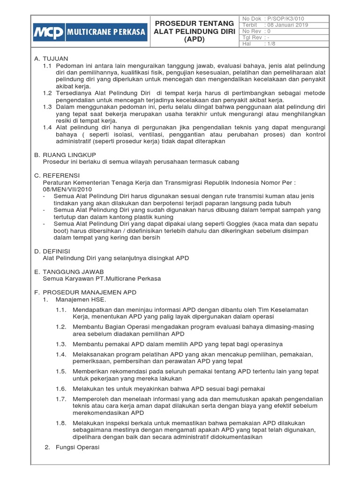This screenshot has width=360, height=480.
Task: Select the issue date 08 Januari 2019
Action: pyautogui.click(x=286, y=25)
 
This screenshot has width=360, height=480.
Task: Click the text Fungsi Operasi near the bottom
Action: pyautogui.click(x=77, y=447)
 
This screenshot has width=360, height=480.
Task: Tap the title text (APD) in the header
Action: pyautogui.click(x=194, y=40)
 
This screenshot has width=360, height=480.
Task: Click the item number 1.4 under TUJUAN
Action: pyautogui.click(x=47, y=127)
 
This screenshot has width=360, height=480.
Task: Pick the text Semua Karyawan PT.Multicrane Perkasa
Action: pyautogui.click(x=102, y=278)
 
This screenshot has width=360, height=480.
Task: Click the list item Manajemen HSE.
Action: pyautogui.click(x=81, y=299)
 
